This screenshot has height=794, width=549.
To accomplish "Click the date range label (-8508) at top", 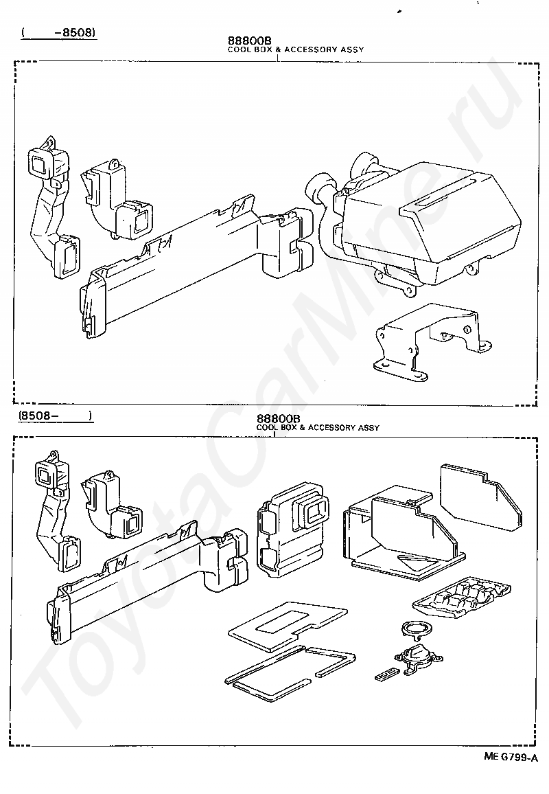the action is tap(58, 32).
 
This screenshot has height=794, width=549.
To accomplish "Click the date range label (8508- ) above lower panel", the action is tap(55, 416).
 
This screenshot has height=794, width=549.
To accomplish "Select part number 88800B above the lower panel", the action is tap(279, 418).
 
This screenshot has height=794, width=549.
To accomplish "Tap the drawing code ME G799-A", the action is tap(510, 757).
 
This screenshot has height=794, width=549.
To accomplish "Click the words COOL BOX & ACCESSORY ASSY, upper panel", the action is tap(295, 50).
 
